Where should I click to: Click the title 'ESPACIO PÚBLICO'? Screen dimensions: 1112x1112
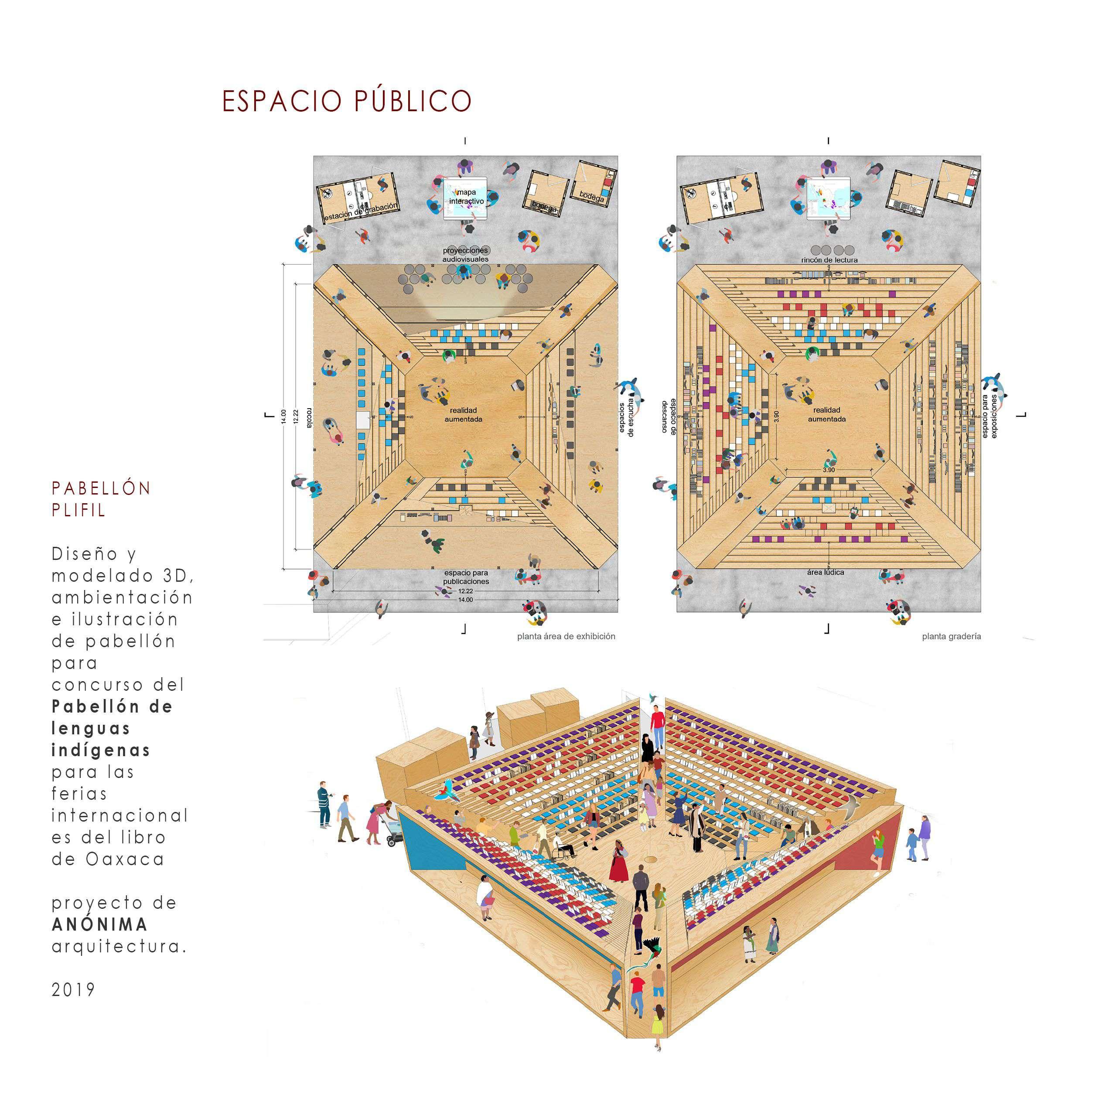click(x=347, y=101)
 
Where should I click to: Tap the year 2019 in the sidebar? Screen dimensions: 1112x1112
click(x=73, y=989)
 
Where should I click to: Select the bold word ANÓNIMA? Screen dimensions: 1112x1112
click(x=99, y=925)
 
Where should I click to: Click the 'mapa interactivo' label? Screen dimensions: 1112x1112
click(x=466, y=197)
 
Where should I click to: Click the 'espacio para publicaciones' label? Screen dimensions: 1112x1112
click(x=466, y=577)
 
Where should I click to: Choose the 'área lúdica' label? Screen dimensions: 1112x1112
click(x=825, y=572)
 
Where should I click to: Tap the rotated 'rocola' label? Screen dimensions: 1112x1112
click(x=310, y=418)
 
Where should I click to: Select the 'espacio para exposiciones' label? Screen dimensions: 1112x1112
click(x=989, y=416)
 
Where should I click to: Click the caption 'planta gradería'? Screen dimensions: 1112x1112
click(x=952, y=637)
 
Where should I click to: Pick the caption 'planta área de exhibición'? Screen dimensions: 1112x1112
click(x=566, y=637)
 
